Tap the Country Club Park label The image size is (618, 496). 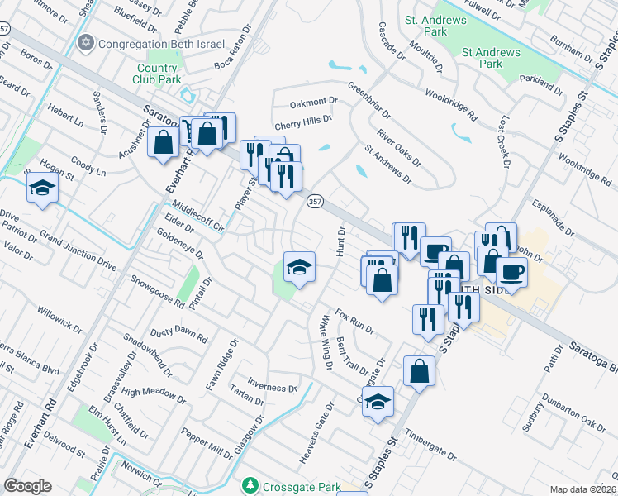157,74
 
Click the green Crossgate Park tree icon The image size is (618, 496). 248,483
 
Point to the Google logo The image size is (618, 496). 27,485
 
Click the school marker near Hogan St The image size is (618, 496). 42,188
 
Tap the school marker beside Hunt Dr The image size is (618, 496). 299,266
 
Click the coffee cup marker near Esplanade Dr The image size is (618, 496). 511,272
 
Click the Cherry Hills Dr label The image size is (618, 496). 303,121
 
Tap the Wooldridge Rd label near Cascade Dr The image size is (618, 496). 450,105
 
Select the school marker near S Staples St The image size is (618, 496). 378,403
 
